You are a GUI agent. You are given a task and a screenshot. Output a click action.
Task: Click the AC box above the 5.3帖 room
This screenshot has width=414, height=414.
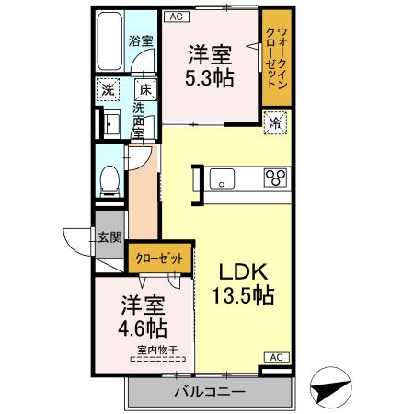coord(178,17)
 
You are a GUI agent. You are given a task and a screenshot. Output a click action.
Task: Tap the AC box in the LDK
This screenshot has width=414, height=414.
coord(275,357)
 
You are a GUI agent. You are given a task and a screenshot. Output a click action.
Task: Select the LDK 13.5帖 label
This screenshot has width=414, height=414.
coord(244,283)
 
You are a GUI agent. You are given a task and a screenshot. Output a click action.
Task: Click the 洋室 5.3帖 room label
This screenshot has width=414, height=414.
coord(211,64)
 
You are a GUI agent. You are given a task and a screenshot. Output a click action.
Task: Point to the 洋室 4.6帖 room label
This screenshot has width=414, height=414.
coord(143,315)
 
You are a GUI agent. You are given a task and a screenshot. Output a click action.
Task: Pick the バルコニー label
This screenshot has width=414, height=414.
coord(210,394)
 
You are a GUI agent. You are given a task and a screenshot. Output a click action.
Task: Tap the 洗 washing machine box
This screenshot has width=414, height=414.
coord(109,90)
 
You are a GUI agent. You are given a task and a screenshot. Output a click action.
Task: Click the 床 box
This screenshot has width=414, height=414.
coord(145,90)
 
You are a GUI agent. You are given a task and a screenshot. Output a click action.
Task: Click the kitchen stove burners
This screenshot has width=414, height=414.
coord(275,176)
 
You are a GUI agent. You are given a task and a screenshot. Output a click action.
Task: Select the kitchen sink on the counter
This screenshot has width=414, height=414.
coord(224,176)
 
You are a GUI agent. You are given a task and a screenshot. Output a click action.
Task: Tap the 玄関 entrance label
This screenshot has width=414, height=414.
coord(109,236)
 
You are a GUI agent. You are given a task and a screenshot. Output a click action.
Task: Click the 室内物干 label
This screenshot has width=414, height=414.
coord(156,349)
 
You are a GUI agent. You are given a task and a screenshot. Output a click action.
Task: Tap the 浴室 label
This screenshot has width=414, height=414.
coord(140,41)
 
